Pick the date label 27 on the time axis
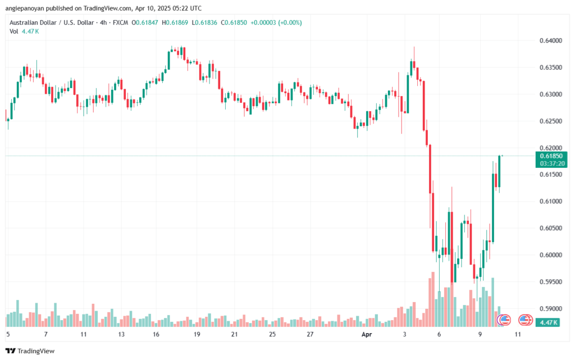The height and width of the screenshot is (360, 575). click(x=310, y=334)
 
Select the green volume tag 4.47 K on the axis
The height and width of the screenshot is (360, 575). click(x=547, y=322)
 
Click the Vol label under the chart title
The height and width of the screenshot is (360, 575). click(x=13, y=31)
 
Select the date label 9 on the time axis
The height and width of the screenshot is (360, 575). click(x=480, y=334)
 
